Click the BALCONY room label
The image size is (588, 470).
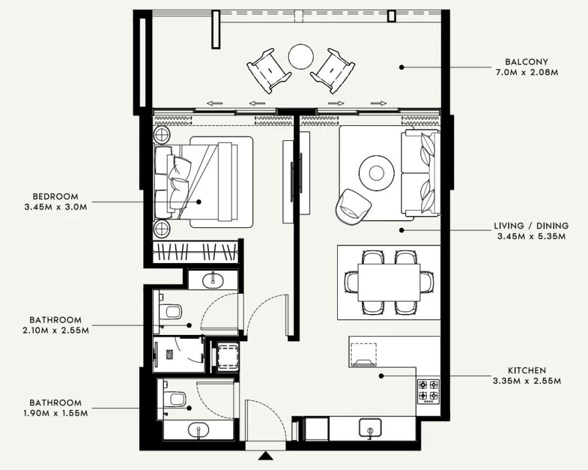tap(527, 62)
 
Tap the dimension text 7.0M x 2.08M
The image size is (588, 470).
tap(527, 72)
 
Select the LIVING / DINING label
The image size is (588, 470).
tap(531, 226)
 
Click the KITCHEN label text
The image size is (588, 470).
tap(526, 370)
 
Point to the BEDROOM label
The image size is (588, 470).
tap(56, 196)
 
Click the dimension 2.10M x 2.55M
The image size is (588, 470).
tap(56, 330)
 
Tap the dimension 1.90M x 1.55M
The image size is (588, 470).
tap(56, 413)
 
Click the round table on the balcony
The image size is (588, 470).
tap(301, 56)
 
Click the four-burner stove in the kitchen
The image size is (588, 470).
tap(428, 390)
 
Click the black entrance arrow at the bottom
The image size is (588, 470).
tap(265, 456)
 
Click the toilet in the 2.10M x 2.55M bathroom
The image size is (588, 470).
tap(172, 312)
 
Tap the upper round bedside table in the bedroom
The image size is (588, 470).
tap(161, 136)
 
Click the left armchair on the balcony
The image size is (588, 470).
tap(269, 70)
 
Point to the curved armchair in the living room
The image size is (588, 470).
tap(353, 206)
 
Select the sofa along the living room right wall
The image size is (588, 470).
tap(421, 173)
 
